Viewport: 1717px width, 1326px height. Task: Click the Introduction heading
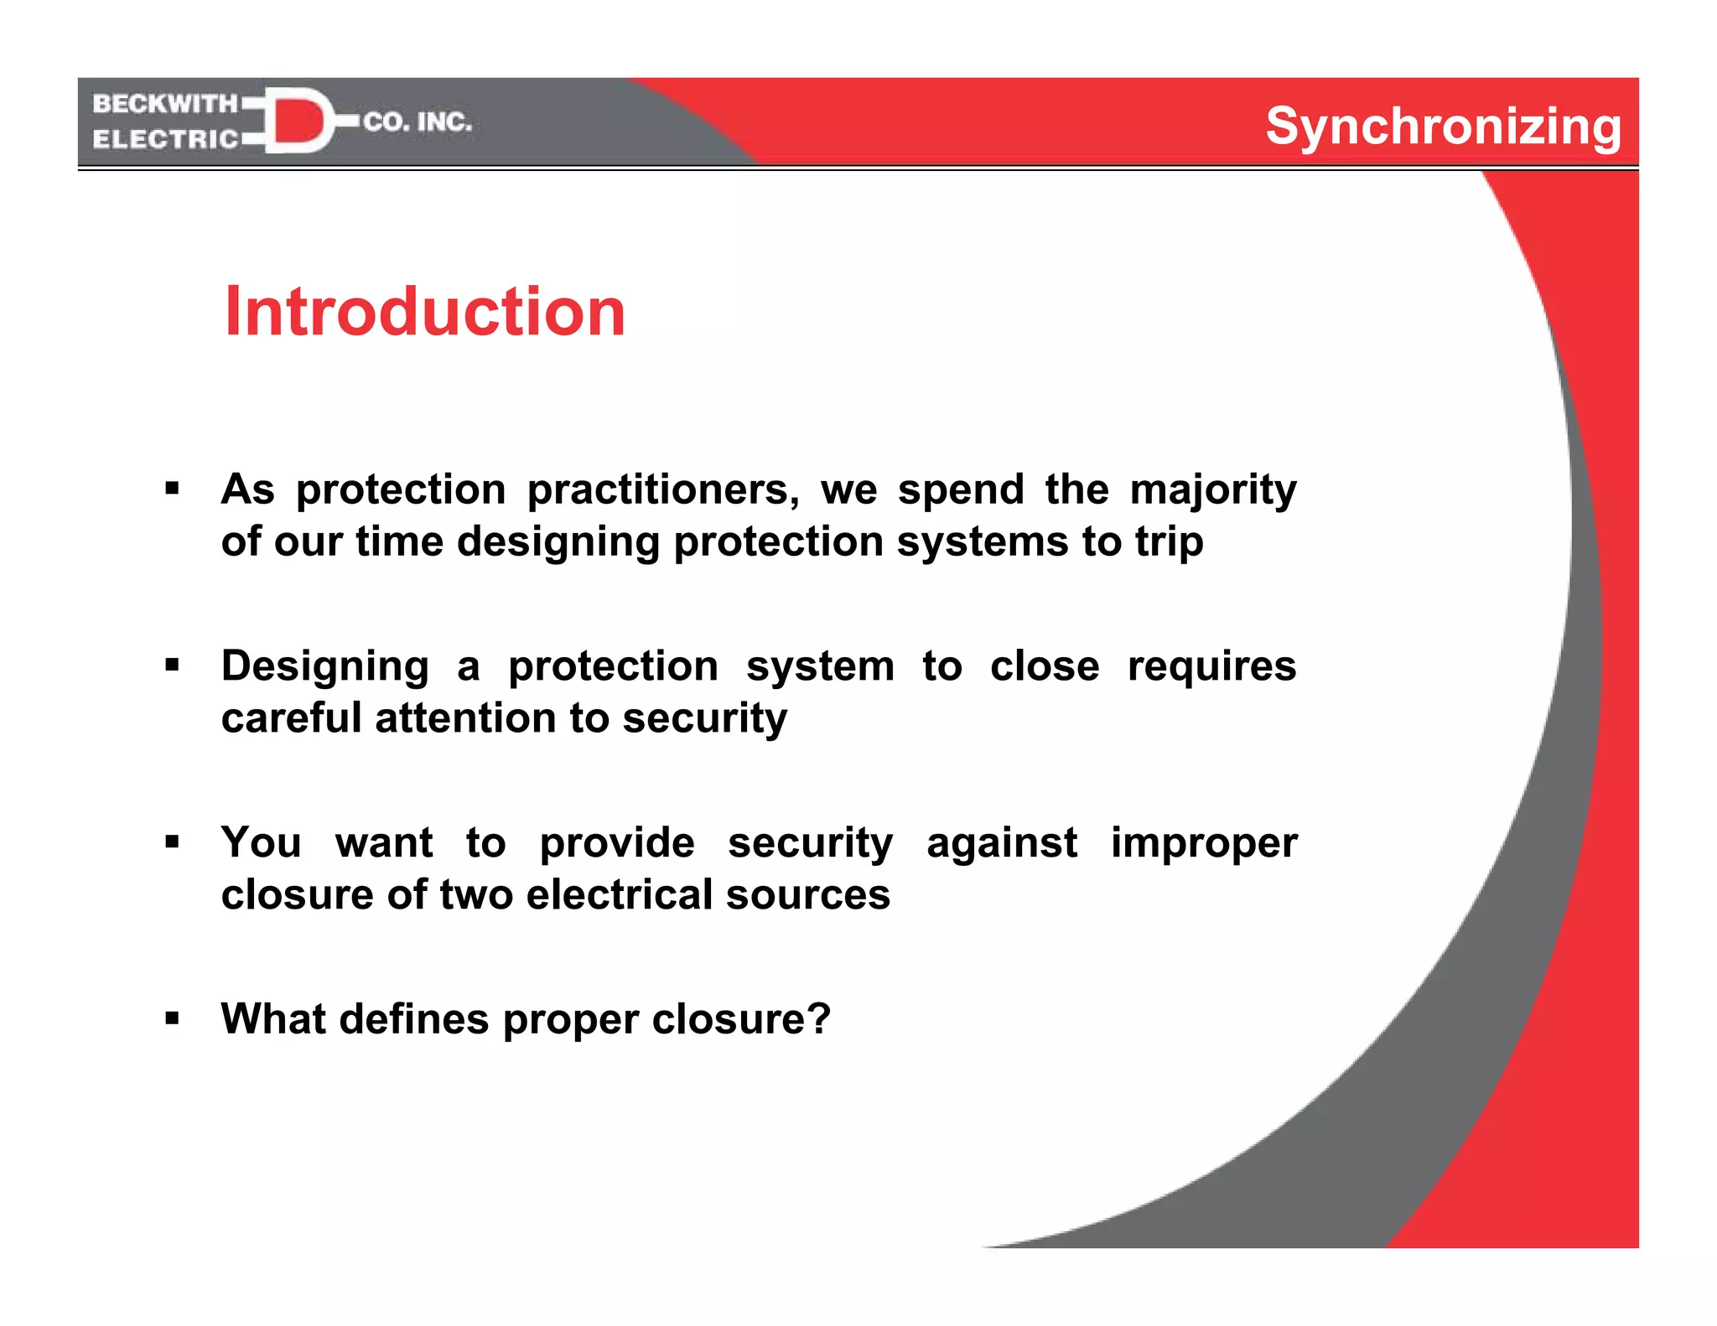[424, 312]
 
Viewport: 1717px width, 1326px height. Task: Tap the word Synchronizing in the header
[1443, 127]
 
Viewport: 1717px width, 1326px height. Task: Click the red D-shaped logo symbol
[298, 121]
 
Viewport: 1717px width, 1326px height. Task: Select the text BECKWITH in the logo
[165, 104]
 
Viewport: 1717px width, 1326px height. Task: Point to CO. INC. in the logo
[418, 122]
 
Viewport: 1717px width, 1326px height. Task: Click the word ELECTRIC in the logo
[165, 139]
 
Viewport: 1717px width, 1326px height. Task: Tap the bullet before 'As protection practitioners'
[173, 489]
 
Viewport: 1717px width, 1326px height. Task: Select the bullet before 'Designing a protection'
[173, 666]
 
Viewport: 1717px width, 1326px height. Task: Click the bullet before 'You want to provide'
[173, 842]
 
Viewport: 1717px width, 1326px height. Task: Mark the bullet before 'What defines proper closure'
[173, 1018]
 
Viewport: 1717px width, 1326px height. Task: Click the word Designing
[325, 667]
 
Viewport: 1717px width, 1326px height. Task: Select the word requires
[1211, 667]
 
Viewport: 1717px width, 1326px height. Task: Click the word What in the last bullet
[273, 1018]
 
